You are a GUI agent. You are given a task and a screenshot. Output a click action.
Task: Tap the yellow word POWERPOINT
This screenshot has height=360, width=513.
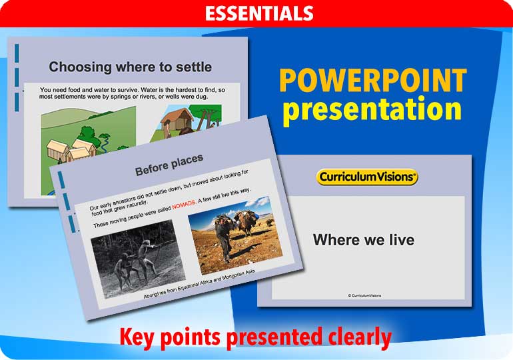coord(372,81)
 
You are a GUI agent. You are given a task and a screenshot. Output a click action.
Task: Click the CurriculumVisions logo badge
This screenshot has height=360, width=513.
coord(367,177)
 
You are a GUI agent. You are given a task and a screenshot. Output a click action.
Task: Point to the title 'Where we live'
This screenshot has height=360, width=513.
coord(364,239)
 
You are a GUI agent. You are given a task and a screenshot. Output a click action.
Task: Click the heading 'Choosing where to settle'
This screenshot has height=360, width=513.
coord(130,67)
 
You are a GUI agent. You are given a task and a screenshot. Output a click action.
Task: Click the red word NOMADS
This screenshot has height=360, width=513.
coord(186,205)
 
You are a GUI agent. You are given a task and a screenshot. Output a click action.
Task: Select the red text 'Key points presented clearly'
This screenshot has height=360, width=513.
coord(255,337)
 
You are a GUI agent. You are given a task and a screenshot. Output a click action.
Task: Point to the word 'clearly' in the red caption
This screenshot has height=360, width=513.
coord(357,337)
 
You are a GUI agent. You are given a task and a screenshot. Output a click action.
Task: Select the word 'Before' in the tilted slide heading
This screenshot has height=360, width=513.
coord(152,169)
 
